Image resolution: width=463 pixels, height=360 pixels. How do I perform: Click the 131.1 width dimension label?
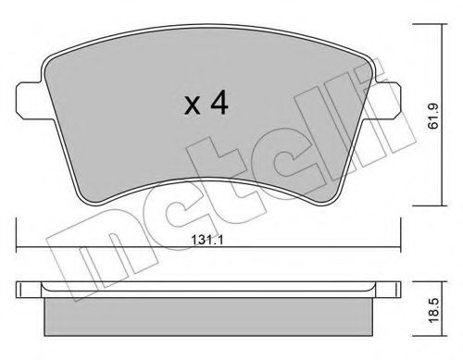click(x=206, y=240)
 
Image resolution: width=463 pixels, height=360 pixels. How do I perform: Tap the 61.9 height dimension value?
click(x=433, y=116)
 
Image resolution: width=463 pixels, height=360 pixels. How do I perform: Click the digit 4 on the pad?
click(x=219, y=104)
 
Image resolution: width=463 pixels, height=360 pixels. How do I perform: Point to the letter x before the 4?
click(x=192, y=106)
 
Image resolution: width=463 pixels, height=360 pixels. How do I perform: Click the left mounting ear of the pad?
click(x=28, y=101)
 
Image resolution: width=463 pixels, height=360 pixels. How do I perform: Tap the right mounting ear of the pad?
click(x=386, y=101)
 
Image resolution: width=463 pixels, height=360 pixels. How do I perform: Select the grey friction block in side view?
click(x=208, y=317)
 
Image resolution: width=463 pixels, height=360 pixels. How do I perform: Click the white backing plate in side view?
click(x=208, y=290)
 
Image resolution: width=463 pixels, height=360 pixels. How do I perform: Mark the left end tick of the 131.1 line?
click(x=16, y=235)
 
